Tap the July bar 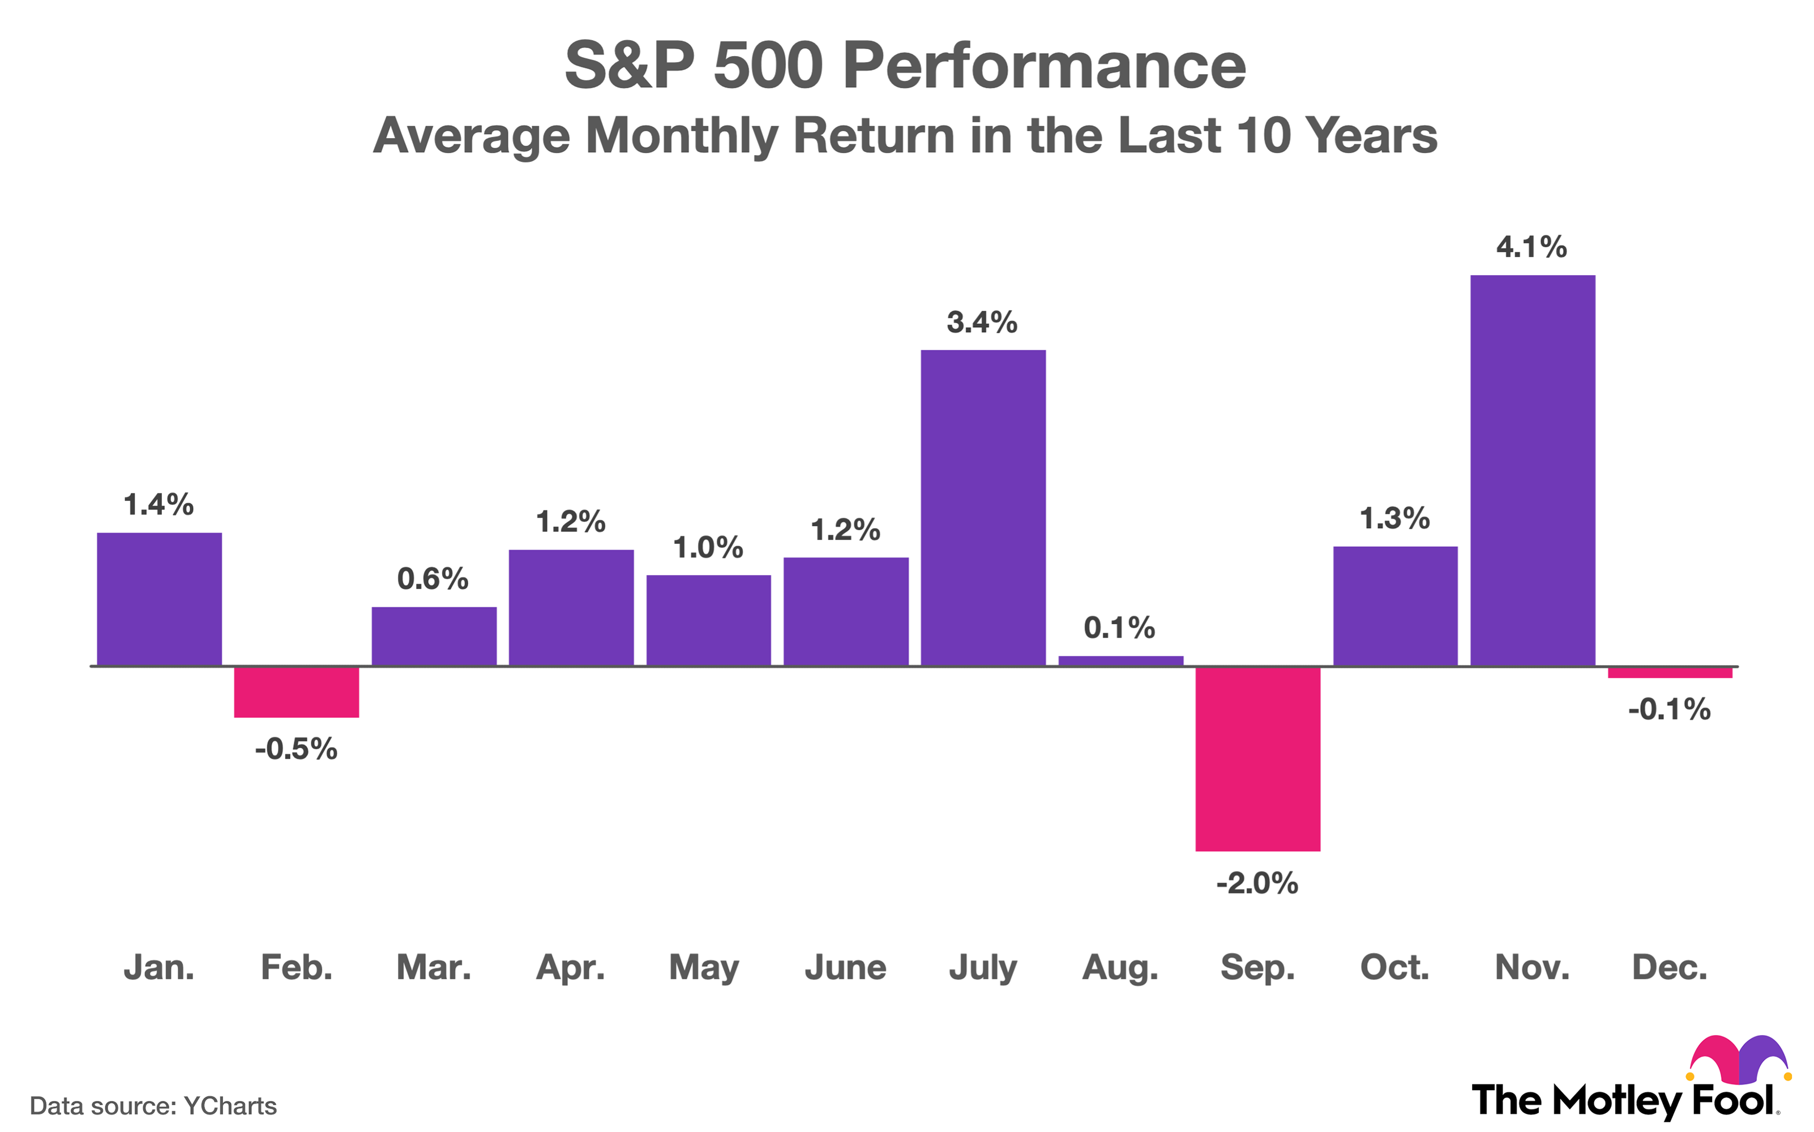tap(982, 508)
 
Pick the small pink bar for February tap(297, 692)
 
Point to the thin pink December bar tap(1670, 673)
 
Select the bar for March tap(434, 636)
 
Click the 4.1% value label tap(1531, 247)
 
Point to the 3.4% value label tap(982, 323)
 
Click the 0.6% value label tap(433, 578)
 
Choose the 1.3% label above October tap(1394, 518)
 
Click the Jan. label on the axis tap(159, 967)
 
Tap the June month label tap(845, 967)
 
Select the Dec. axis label tap(1670, 967)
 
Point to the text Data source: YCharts tap(153, 1106)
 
